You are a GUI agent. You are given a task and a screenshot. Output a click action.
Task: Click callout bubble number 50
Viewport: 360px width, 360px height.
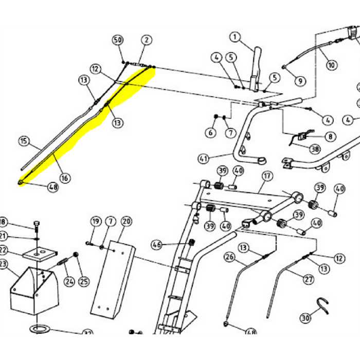pyautogui.click(x=118, y=40)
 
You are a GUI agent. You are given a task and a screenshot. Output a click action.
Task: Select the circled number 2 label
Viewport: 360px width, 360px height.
pyautogui.click(x=147, y=40)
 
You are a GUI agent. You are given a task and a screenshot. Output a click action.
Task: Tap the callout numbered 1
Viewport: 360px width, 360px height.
pyautogui.click(x=235, y=37)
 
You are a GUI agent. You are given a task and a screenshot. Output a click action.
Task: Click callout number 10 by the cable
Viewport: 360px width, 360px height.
pyautogui.click(x=331, y=65)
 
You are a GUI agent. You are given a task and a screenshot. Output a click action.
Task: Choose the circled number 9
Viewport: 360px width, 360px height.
pyautogui.click(x=299, y=80)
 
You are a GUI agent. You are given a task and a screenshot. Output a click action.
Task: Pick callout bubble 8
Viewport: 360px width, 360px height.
pyautogui.click(x=329, y=137)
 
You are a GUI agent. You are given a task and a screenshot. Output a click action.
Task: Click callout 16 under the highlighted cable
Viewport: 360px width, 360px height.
pyautogui.click(x=64, y=178)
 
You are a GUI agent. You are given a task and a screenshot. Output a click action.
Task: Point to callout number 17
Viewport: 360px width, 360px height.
pyautogui.click(x=266, y=176)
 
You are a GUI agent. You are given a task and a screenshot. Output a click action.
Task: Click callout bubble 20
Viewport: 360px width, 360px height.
pyautogui.click(x=127, y=222)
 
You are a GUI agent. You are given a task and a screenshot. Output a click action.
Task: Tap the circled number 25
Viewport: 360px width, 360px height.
pyautogui.click(x=83, y=281)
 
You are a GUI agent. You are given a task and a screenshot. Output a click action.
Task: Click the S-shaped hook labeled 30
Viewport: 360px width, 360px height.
pyautogui.click(x=323, y=307)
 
